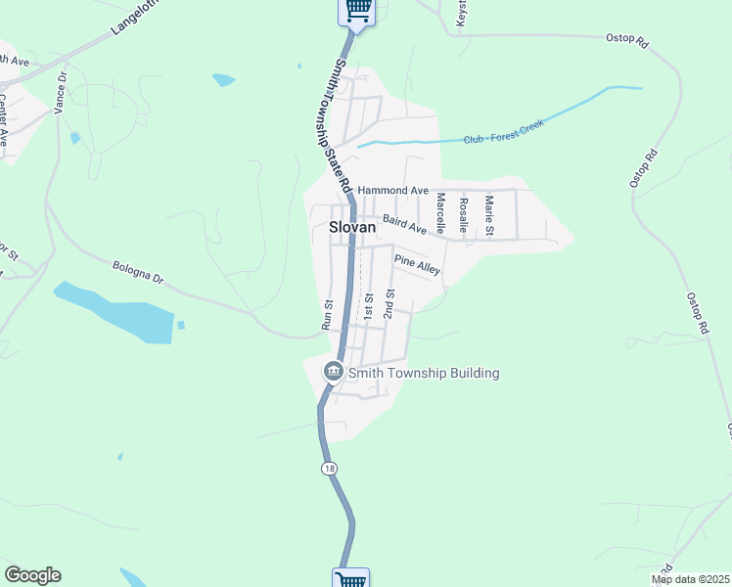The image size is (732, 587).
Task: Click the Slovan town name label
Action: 352,226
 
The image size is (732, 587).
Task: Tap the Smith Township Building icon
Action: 333,373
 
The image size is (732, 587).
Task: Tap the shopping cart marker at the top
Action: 357,10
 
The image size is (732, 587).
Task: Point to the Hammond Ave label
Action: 393,190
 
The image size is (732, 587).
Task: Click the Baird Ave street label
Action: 404,225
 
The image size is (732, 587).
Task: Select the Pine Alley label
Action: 417,264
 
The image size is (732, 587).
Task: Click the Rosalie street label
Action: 464,213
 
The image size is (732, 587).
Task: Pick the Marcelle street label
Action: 440,212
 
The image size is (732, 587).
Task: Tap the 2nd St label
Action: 389,303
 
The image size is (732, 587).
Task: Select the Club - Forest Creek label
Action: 503,133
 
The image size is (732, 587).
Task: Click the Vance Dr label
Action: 61,92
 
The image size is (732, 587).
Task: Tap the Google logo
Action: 32,575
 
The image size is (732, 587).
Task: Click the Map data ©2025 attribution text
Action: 690,579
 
